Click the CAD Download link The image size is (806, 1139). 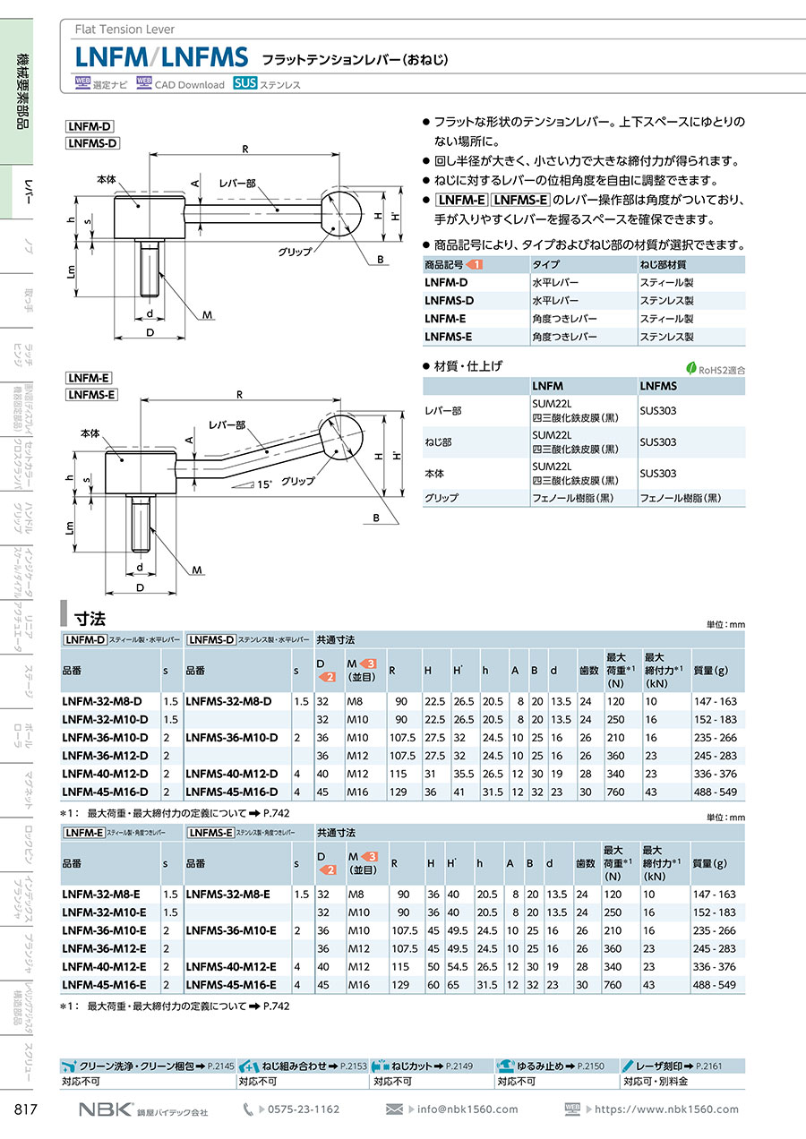click(189, 85)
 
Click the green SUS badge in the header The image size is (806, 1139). click(244, 84)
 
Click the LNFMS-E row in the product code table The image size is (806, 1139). click(449, 337)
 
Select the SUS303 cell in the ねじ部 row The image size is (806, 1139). click(658, 442)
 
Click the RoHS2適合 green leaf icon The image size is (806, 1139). click(691, 367)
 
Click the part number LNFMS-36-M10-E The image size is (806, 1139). click(230, 930)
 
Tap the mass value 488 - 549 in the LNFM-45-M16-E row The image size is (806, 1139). click(714, 984)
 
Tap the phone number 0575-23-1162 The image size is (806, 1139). click(304, 1109)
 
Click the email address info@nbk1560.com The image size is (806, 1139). click(467, 1109)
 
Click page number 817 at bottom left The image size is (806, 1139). click(25, 1109)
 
